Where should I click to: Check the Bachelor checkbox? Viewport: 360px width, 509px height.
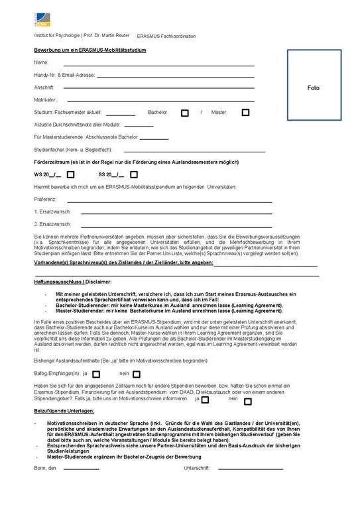coord(185,113)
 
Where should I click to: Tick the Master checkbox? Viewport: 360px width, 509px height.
coord(245,113)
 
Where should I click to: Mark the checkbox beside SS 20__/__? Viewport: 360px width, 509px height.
coord(134,175)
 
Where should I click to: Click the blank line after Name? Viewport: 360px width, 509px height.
coord(158,66)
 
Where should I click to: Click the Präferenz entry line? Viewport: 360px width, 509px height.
coord(170,201)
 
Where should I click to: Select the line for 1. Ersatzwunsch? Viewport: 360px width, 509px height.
coord(176,213)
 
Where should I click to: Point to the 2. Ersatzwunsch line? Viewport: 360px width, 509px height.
coord(176,226)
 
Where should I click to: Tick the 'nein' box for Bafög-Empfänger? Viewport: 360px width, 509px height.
coord(136,374)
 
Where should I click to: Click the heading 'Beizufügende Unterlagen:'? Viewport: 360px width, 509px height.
coord(64,412)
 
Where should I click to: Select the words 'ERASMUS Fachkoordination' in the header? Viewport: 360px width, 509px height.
coord(166,36)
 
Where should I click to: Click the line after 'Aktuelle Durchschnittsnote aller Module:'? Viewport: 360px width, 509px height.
coord(138,125)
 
